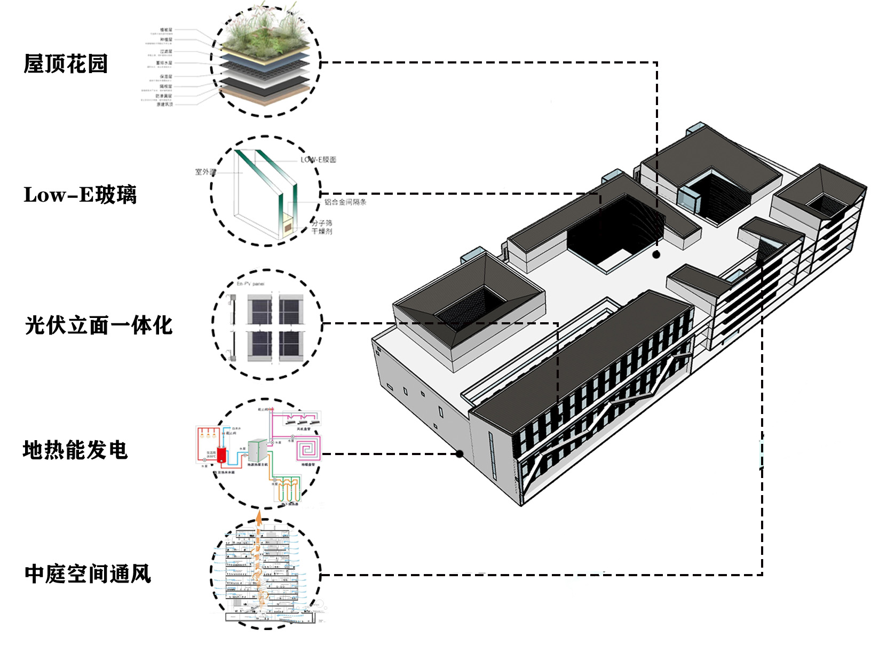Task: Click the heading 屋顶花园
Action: click(66, 64)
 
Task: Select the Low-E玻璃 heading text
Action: click(80, 195)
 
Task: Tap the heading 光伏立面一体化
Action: click(99, 325)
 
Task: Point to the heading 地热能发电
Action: click(75, 450)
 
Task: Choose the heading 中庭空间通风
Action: click(88, 574)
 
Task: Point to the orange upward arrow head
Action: click(259, 516)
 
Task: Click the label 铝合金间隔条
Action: click(345, 202)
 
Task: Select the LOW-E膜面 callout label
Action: click(318, 160)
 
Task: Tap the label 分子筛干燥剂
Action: click(322, 227)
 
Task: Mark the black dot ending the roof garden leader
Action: click(656, 255)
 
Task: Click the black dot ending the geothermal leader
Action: click(460, 454)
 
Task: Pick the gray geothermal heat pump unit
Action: click(257, 451)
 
